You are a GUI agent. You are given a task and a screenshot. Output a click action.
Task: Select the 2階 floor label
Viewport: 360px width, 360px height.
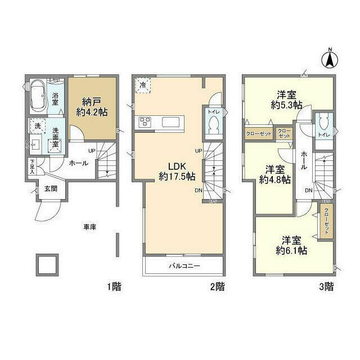point(218,287)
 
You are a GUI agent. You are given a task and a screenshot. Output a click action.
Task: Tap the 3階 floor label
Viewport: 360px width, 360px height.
point(326,287)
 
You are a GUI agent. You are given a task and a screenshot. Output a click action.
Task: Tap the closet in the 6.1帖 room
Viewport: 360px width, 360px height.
point(327,223)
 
